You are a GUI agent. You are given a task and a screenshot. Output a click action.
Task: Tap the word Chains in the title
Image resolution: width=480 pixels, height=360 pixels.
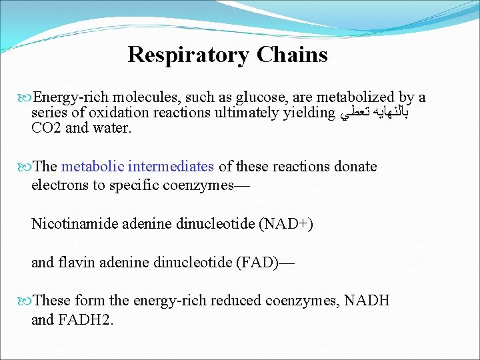(288, 54)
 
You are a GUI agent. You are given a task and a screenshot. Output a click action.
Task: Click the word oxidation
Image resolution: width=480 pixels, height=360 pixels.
(118, 113)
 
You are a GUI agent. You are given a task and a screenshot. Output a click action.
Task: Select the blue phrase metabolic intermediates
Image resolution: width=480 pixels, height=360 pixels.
(137, 166)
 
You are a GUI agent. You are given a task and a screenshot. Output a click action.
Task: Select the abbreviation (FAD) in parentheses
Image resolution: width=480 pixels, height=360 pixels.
(253, 262)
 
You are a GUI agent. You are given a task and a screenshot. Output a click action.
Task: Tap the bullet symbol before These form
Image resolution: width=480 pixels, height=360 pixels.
(26, 301)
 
